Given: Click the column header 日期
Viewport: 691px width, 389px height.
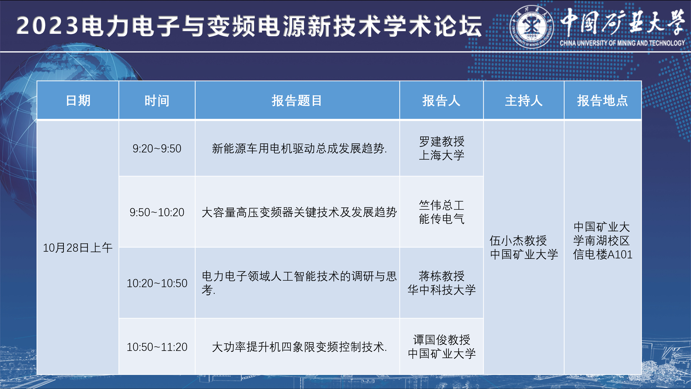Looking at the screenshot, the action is click(78, 101).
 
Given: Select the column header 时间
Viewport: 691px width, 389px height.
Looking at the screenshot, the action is click(157, 101).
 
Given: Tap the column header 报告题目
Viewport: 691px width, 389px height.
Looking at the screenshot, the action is click(297, 101).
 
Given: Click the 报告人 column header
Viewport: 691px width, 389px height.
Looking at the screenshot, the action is click(441, 101).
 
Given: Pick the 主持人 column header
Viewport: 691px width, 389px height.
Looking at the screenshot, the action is click(524, 101).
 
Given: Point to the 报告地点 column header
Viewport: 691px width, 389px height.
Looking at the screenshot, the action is click(603, 101).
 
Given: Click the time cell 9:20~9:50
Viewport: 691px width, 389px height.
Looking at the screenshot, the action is click(157, 148).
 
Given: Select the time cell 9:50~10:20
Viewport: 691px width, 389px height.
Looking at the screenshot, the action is click(157, 212).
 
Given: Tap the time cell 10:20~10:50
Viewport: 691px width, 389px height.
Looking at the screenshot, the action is click(157, 283).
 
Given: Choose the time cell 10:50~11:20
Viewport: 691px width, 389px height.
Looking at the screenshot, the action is click(157, 347).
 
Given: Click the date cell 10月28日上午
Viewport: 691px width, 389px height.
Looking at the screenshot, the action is click(77, 248).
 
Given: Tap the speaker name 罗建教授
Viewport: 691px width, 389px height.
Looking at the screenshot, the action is click(441, 141).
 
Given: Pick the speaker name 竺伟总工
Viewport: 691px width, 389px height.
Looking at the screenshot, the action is click(441, 205).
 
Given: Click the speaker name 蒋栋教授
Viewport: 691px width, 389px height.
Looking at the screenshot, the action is click(441, 276).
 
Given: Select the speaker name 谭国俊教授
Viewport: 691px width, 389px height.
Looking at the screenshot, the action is click(441, 340).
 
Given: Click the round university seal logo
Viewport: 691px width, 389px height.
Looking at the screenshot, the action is click(531, 27).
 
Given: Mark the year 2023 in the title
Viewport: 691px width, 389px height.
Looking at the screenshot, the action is click(48, 25).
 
